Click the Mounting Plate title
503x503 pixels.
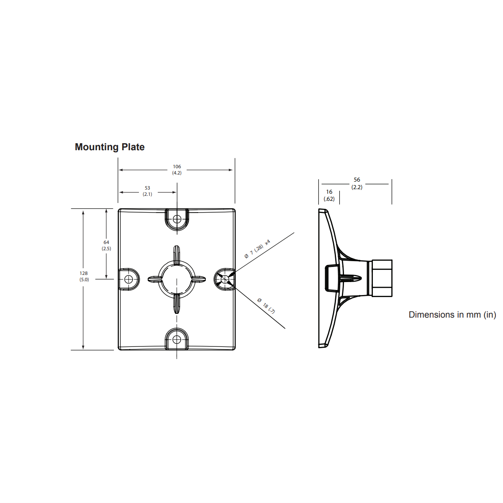click(x=110, y=147)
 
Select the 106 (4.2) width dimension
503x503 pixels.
click(x=177, y=169)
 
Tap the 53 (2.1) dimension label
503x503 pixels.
click(x=147, y=191)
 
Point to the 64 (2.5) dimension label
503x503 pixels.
click(x=106, y=245)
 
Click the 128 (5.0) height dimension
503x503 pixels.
click(x=84, y=276)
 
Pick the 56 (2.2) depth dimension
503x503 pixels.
click(x=357, y=183)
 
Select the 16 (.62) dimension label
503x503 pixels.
click(x=329, y=195)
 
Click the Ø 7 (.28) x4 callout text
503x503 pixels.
click(x=257, y=249)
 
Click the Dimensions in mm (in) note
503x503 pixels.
click(x=452, y=315)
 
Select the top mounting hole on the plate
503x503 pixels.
click(x=177, y=219)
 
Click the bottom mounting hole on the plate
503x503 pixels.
click(x=177, y=339)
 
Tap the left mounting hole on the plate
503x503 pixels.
click(x=129, y=279)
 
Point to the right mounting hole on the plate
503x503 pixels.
click(x=225, y=279)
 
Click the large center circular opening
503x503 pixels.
click(x=177, y=279)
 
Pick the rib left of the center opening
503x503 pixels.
click(x=155, y=279)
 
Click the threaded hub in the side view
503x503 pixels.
click(x=382, y=278)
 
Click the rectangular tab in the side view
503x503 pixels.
click(x=332, y=278)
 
